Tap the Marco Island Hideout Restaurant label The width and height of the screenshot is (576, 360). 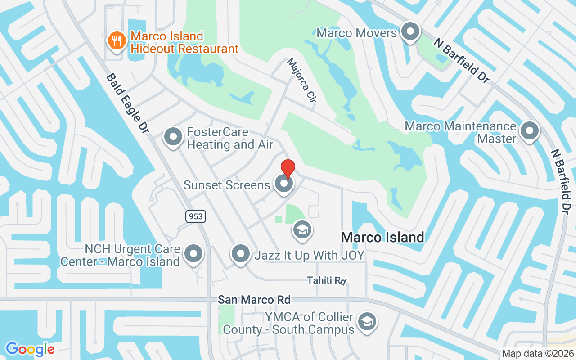[184, 42]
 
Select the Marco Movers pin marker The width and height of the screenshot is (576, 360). [410, 32]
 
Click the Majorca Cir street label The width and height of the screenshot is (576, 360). [301, 82]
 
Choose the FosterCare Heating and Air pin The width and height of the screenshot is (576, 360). [173, 137]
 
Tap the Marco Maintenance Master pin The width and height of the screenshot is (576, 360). [529, 131]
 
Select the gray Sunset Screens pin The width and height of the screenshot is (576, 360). [283, 184]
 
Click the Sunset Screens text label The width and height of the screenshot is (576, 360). [227, 184]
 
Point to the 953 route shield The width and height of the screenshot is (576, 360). [196, 216]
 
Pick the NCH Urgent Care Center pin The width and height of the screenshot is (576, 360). [194, 254]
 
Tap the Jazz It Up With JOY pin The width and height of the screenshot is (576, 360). [240, 254]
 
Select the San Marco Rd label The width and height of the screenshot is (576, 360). [254, 300]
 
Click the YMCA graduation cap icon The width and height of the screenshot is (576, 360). [367, 322]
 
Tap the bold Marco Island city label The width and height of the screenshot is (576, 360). [382, 237]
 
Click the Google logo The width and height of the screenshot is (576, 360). [30, 349]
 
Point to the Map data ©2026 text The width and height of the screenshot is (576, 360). [538, 354]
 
